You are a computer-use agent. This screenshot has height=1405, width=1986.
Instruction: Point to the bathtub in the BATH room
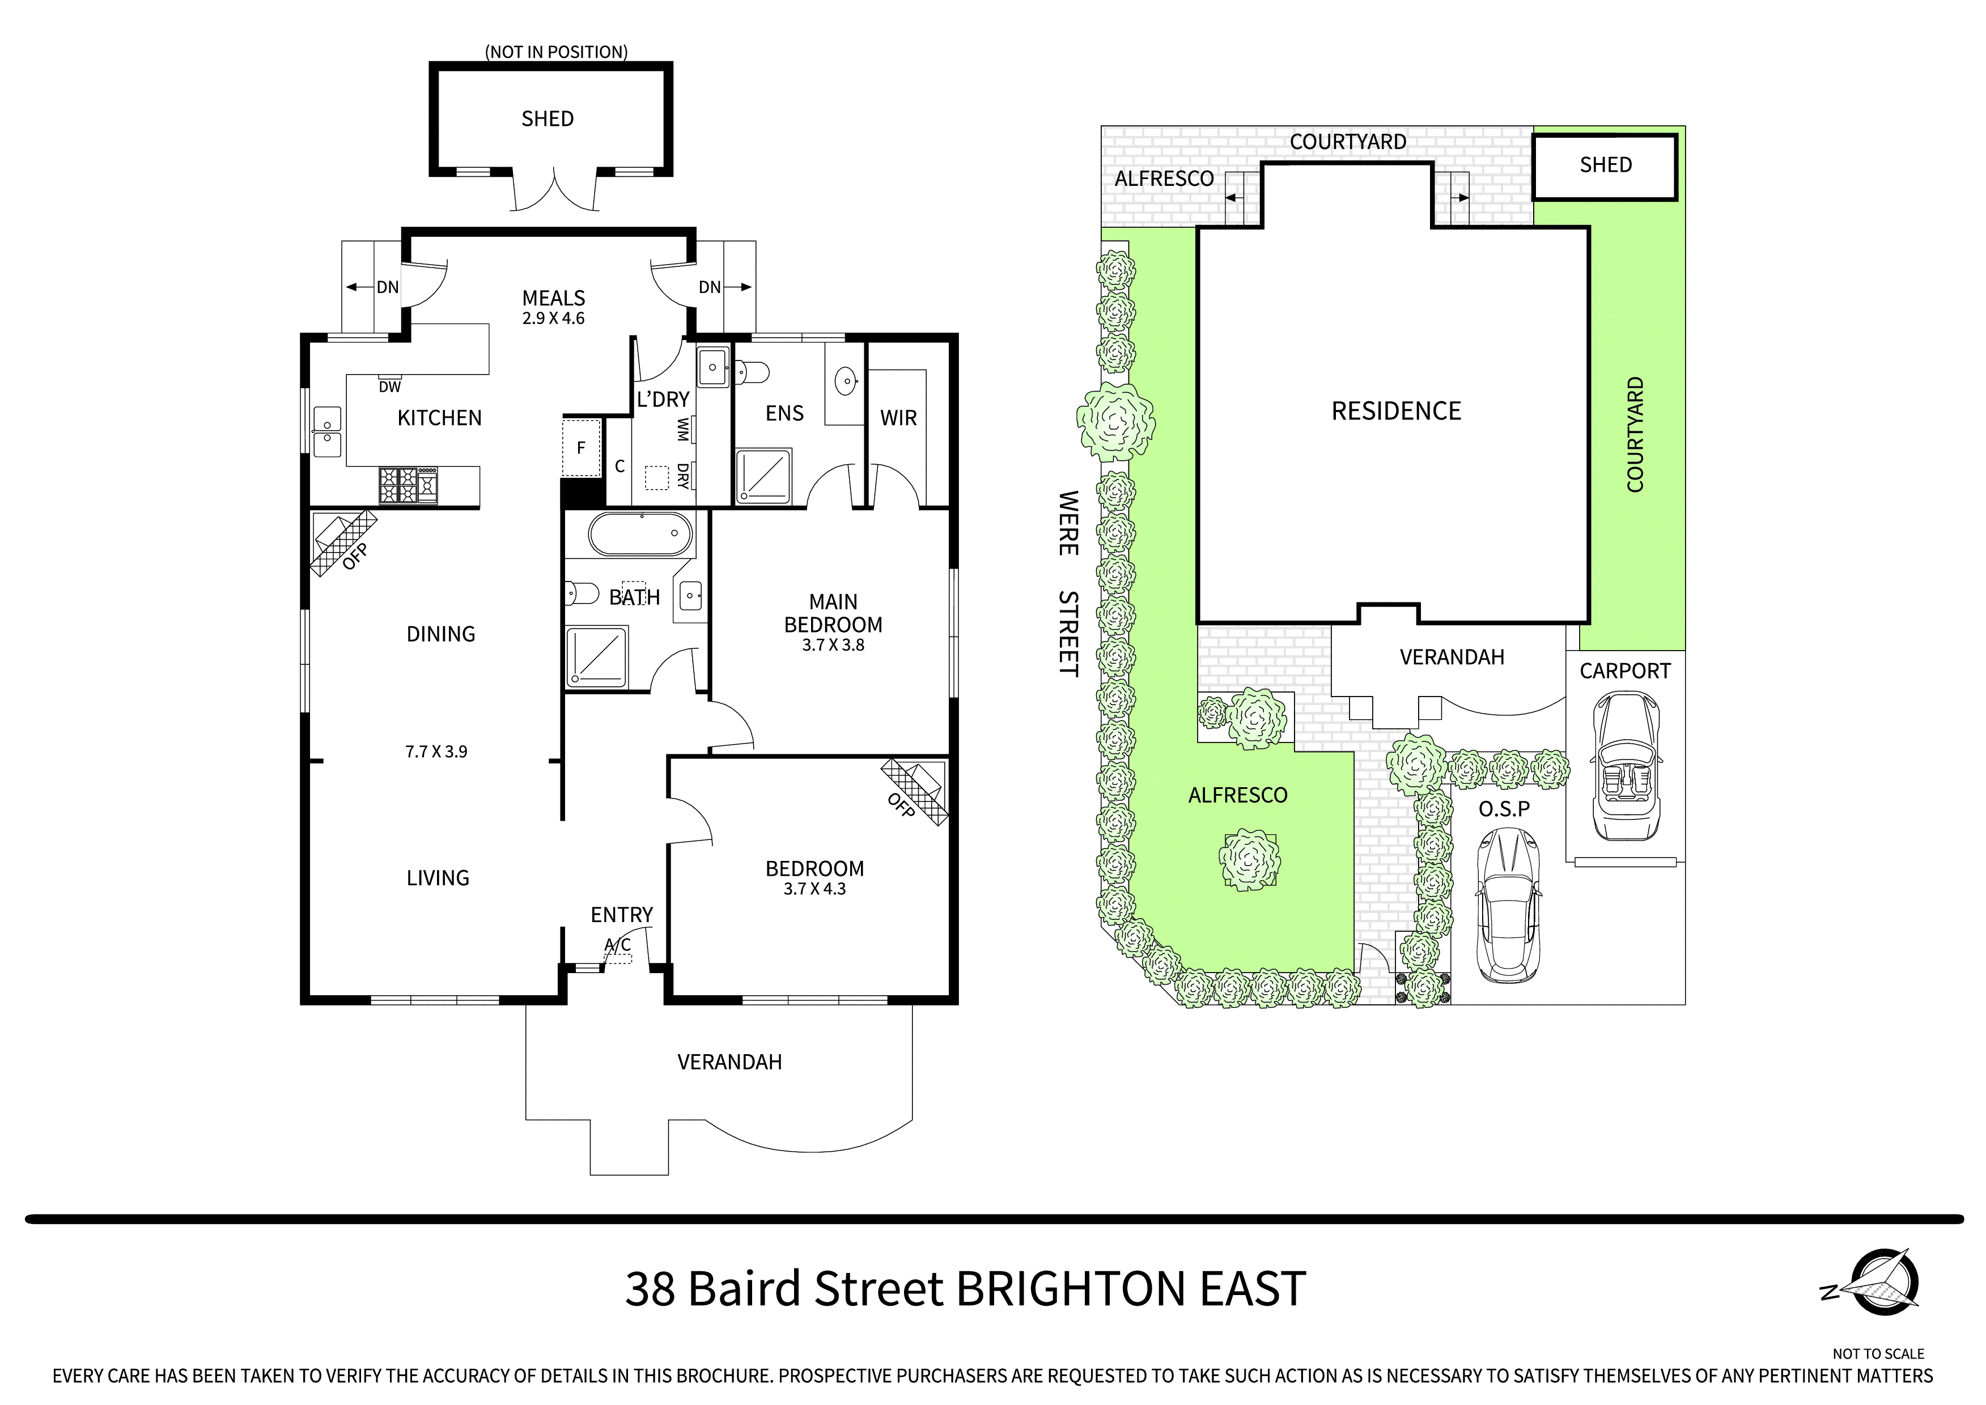pyautogui.click(x=640, y=534)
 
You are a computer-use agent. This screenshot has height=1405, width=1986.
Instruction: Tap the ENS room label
pyautogui.click(x=784, y=414)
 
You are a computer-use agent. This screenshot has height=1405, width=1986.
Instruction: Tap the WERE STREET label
pyautogui.click(x=1069, y=583)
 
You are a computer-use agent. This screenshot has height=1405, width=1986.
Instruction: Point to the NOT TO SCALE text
pyautogui.click(x=1878, y=1354)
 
